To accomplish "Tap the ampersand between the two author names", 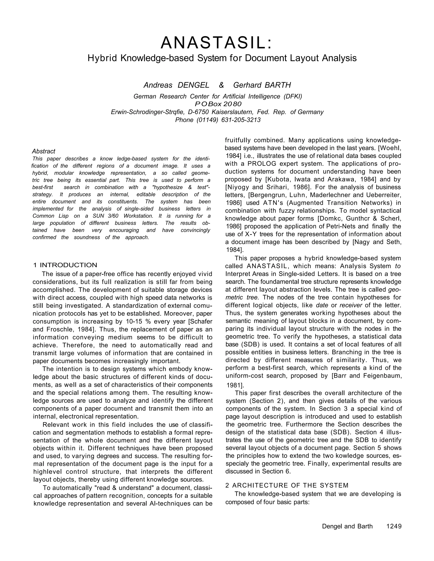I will pos(221,85).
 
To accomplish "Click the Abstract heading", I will pos(44,151).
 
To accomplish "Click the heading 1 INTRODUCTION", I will pos(65,265).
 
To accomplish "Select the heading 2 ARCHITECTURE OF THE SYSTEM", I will pos(287,486).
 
